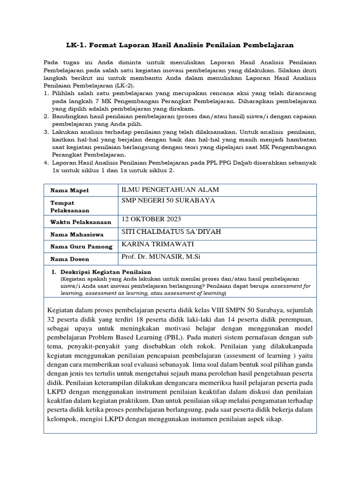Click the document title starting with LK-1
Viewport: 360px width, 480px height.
point(180,45)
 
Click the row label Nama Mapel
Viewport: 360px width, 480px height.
point(69,190)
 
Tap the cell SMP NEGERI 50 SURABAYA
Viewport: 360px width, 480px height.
point(168,200)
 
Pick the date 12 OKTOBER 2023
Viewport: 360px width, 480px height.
point(151,219)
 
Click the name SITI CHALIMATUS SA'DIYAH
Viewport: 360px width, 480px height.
point(171,232)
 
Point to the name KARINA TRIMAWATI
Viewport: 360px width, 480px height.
point(157,244)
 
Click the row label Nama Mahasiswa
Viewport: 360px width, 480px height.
point(77,234)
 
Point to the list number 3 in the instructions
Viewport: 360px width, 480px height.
point(46,132)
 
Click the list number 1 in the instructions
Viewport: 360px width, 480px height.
point(46,93)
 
